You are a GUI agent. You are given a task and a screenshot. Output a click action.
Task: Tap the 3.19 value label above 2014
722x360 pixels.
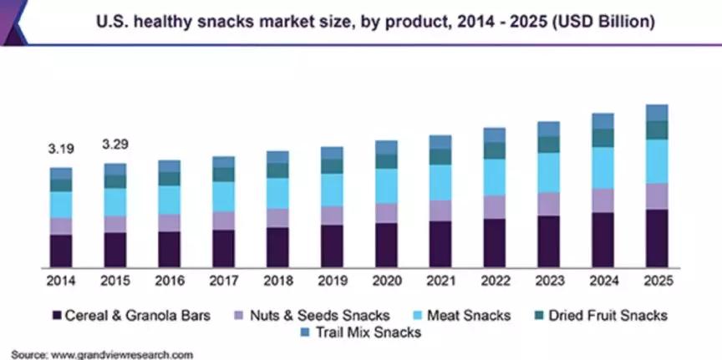(61, 150)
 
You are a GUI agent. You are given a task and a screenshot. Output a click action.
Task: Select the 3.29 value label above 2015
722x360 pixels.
(114, 145)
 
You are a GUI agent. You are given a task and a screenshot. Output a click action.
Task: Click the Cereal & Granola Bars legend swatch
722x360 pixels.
(57, 316)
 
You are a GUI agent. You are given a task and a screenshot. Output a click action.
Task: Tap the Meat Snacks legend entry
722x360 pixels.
(469, 316)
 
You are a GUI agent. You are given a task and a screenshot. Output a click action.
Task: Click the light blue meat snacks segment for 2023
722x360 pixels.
(549, 172)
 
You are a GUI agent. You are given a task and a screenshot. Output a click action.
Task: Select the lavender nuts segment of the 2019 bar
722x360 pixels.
(332, 215)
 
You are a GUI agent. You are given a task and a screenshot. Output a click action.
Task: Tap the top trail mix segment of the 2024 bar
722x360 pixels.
(603, 121)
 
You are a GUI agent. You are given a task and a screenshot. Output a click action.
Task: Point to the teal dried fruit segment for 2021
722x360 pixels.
(440, 156)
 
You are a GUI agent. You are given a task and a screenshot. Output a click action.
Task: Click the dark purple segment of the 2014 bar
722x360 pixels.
(61, 250)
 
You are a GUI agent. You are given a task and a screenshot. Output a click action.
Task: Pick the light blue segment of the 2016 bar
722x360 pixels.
(169, 200)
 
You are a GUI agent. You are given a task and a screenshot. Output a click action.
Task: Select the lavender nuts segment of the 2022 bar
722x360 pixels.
(495, 207)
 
